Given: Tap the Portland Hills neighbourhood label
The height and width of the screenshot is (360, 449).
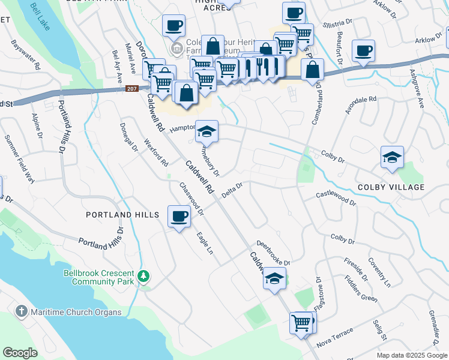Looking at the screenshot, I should [x=122, y=214].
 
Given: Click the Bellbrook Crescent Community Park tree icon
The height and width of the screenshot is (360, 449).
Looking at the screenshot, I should [x=143, y=276].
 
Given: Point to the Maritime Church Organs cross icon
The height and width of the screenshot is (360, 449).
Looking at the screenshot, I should [x=22, y=311].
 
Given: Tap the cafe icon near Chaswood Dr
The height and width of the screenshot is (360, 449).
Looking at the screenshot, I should [x=179, y=216].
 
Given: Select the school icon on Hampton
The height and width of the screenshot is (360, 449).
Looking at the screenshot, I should [x=206, y=131].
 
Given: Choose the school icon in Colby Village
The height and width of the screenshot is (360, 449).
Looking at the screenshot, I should [x=392, y=157].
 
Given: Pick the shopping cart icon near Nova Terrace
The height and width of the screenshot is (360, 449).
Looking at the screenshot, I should [x=301, y=322].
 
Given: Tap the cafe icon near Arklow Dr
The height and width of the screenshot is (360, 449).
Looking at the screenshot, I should [x=363, y=50].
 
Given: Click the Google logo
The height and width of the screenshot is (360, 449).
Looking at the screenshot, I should [x=20, y=352].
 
